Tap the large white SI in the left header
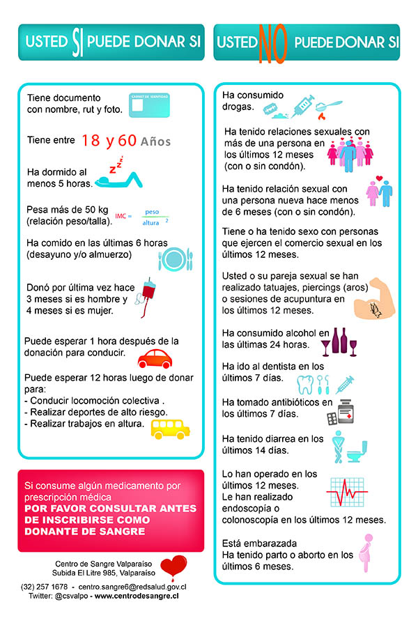tap(76, 42)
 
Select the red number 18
tap(91, 140)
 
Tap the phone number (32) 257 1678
tap(45, 587)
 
